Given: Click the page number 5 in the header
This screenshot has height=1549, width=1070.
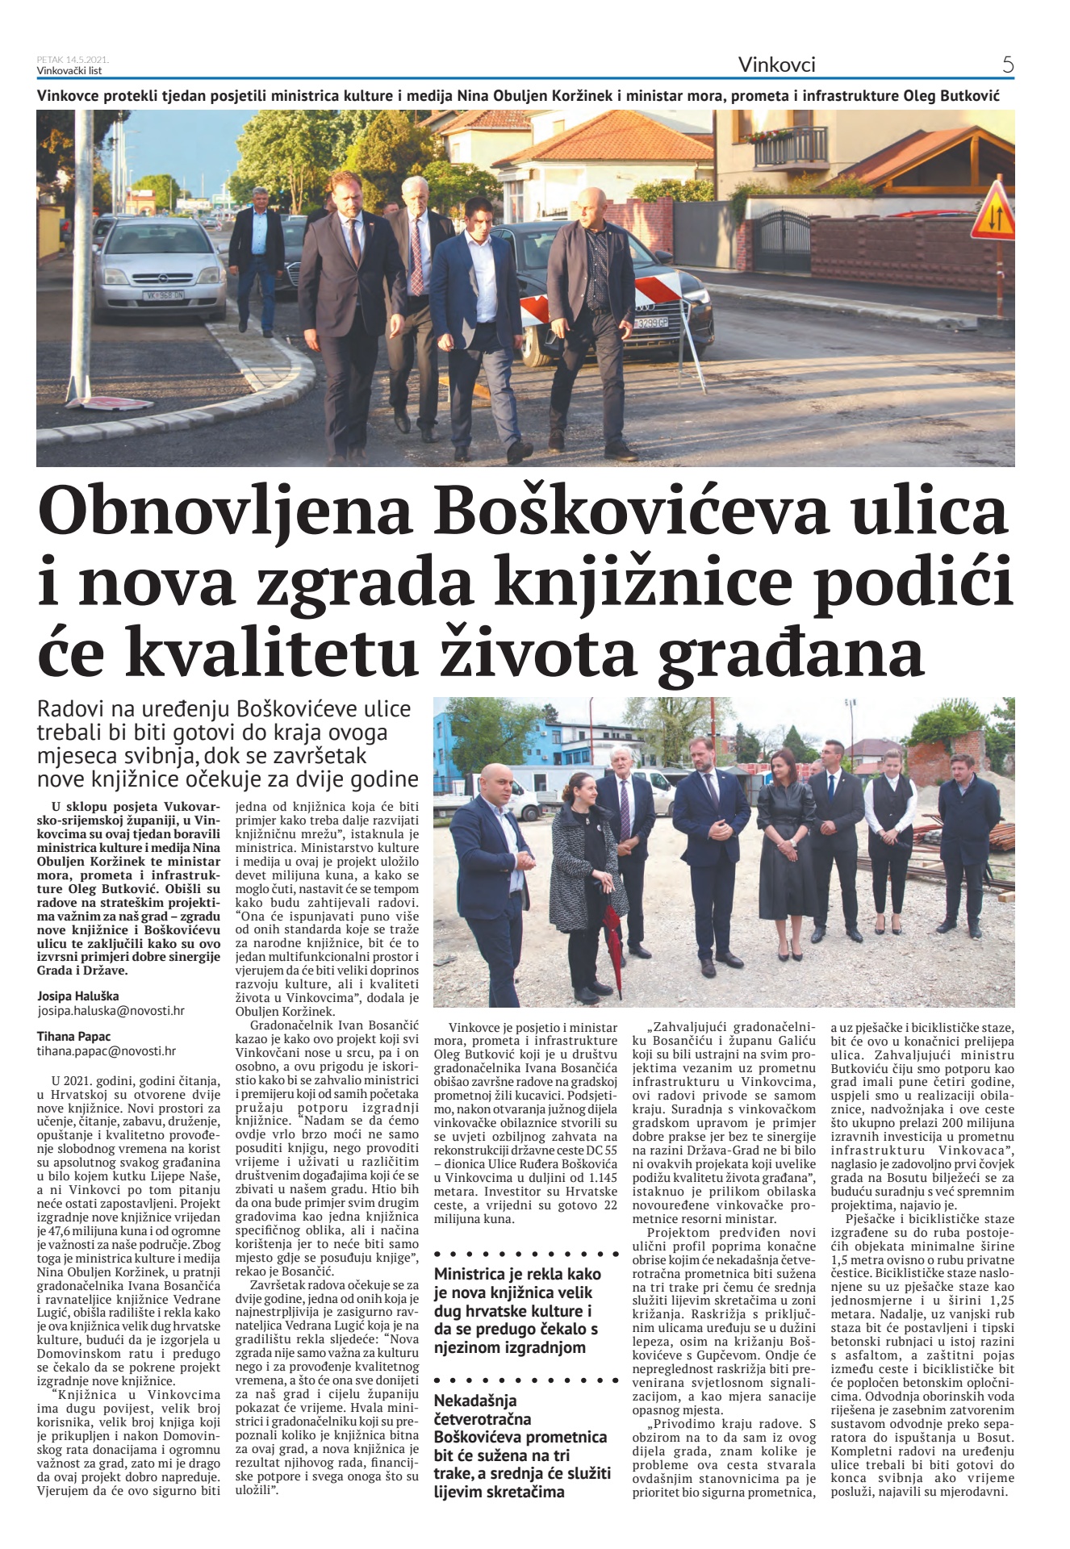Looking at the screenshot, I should [x=1007, y=64].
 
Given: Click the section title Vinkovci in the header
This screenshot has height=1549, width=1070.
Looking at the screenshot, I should [x=776, y=65].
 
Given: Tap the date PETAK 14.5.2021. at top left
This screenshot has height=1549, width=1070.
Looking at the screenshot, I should [x=73, y=60].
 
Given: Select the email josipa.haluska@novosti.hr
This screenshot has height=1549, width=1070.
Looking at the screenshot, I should [x=111, y=1010].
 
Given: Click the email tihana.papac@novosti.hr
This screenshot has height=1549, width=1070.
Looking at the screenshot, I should [x=107, y=1050].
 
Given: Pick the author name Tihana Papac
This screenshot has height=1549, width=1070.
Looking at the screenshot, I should [x=74, y=1036].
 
